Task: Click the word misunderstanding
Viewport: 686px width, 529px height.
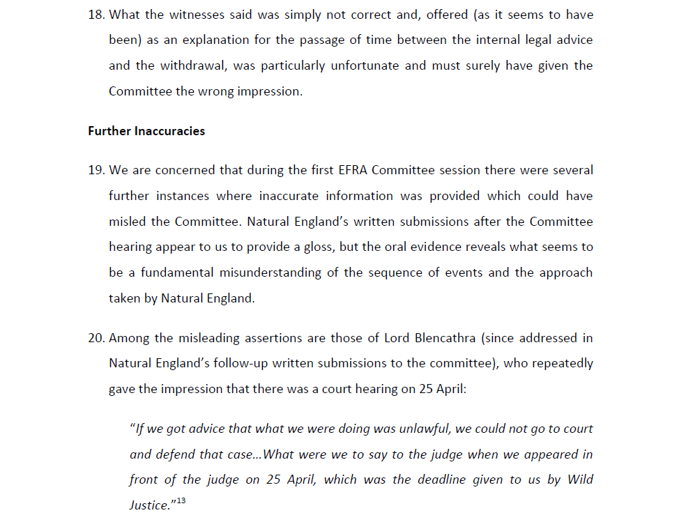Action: [273, 273]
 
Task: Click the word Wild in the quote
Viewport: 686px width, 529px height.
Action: [580, 480]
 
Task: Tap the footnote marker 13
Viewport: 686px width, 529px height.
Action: [181, 501]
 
